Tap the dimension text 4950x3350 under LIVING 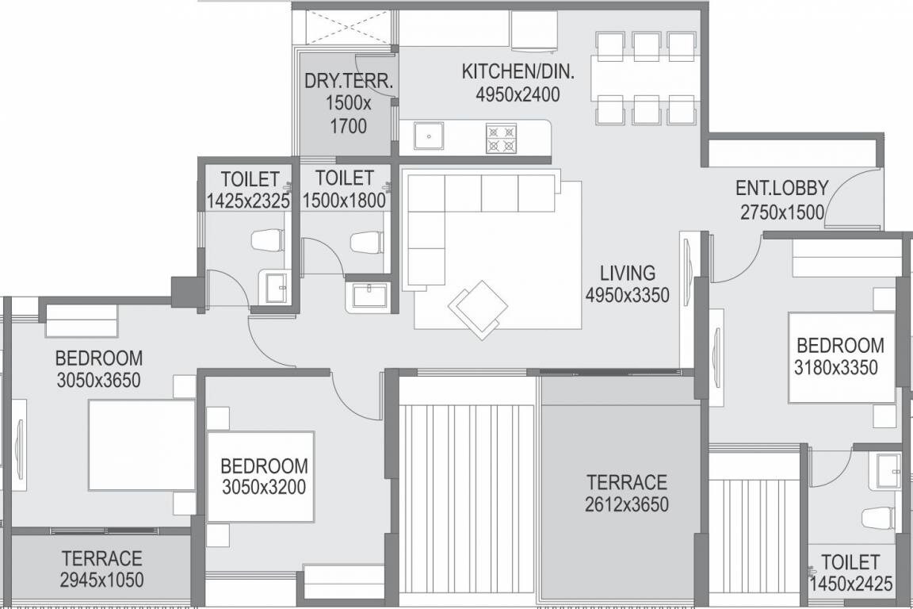tap(627, 296)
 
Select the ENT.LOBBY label tap(781, 189)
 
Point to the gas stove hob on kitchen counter tap(501, 138)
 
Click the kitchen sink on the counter tap(428, 137)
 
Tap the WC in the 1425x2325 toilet tap(267, 239)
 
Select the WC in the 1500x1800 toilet tap(368, 242)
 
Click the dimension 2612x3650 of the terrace tap(626, 504)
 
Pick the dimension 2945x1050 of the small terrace tap(101, 580)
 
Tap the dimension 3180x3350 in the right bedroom tap(839, 367)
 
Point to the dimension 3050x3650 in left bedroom tap(98, 380)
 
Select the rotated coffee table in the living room tap(478, 308)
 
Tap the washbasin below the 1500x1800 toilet tap(368, 296)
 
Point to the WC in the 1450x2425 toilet tap(878, 518)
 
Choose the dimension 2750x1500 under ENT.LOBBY tap(781, 212)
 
